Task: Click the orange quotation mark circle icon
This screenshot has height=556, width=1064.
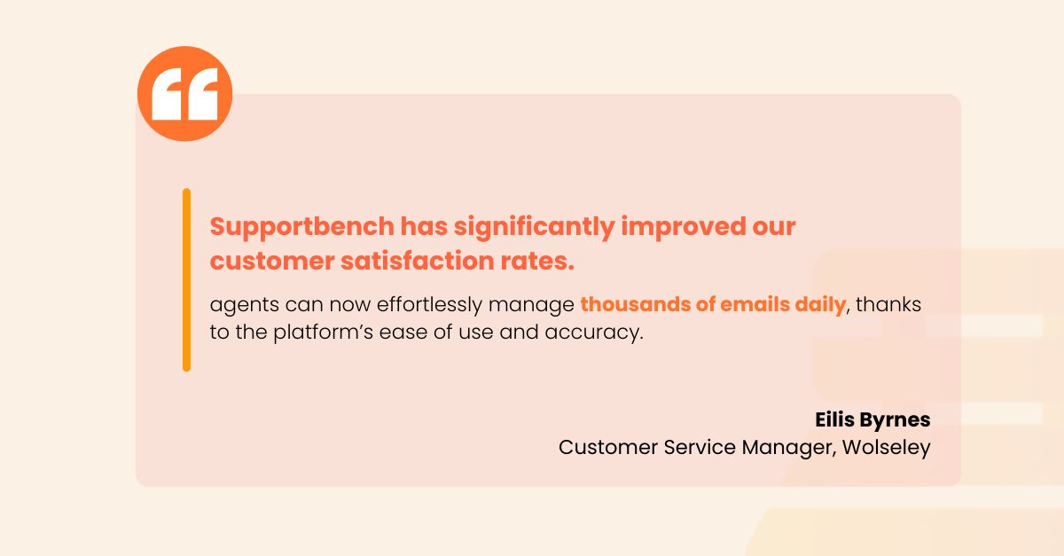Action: click(184, 94)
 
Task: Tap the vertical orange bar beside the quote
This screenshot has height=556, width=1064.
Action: click(187, 280)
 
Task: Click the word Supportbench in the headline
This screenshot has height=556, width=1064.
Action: click(302, 227)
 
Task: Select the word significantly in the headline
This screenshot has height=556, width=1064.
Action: click(535, 228)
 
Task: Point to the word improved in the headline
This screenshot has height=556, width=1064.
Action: click(684, 228)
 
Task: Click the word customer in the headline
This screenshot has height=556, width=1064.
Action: click(272, 262)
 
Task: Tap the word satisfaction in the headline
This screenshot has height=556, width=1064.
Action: click(418, 261)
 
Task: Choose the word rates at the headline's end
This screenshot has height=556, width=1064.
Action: click(535, 262)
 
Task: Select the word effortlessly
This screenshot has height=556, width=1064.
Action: click(429, 305)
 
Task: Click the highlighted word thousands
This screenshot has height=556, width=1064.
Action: click(635, 304)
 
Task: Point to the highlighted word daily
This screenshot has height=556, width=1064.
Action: click(821, 305)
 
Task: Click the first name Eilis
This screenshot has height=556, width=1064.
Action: click(834, 419)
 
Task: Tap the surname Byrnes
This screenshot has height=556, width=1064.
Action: click(895, 420)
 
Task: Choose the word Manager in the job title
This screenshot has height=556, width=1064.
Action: click(786, 448)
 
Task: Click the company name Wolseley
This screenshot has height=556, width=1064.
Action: click(887, 448)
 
